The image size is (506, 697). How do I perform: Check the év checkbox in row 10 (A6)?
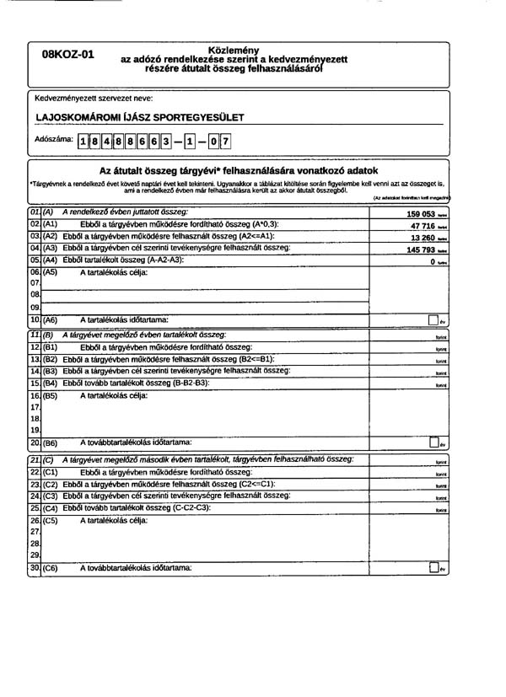(433, 320)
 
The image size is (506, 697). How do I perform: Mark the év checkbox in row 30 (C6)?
(433, 569)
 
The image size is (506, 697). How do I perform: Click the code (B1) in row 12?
(50, 347)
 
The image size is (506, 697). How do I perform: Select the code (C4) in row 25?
(50, 509)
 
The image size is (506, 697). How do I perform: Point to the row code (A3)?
(50, 249)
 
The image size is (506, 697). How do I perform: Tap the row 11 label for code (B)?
(48, 335)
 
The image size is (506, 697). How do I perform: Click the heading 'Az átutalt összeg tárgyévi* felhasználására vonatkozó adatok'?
(238, 170)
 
